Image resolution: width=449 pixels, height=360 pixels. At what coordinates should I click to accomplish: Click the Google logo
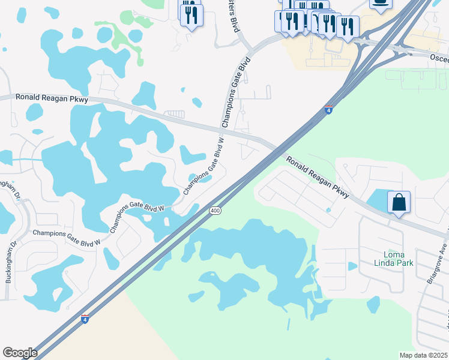pyautogui.click(x=20, y=353)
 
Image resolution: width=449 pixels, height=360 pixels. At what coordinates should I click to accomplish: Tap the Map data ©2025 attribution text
pyautogui.click(x=423, y=355)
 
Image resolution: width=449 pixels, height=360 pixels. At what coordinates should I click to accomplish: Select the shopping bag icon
pyautogui.click(x=399, y=202)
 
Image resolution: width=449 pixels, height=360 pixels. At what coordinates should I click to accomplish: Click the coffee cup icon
pyautogui.click(x=380, y=2)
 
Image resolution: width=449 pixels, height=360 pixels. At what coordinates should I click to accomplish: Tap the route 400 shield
pyautogui.click(x=215, y=211)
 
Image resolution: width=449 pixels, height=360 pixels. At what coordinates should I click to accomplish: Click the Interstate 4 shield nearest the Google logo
pyautogui.click(x=85, y=320)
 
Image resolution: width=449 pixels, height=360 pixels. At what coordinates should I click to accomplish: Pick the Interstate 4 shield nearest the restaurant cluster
pyautogui.click(x=328, y=110)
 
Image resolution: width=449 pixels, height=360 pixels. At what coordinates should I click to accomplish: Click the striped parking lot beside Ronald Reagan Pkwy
pyautogui.click(x=175, y=113)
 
